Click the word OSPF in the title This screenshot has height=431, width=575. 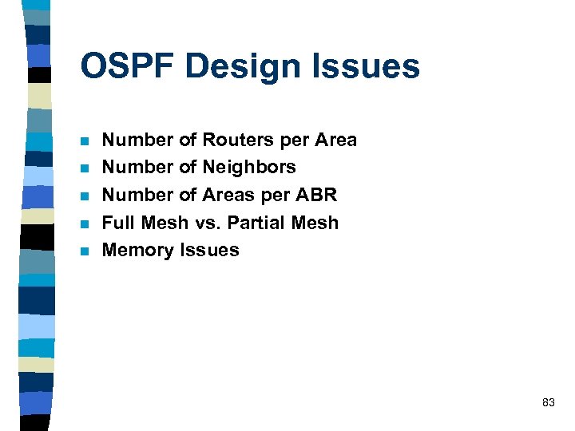(x=128, y=66)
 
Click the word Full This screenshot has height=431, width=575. (x=118, y=223)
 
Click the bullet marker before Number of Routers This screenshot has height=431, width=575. (x=85, y=142)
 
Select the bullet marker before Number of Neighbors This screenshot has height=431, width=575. (x=85, y=169)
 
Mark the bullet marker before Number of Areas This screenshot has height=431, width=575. (x=85, y=197)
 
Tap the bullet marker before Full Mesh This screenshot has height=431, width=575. (x=85, y=224)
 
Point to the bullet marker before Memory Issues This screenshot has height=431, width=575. (x=85, y=252)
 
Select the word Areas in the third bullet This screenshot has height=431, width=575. (x=226, y=196)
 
